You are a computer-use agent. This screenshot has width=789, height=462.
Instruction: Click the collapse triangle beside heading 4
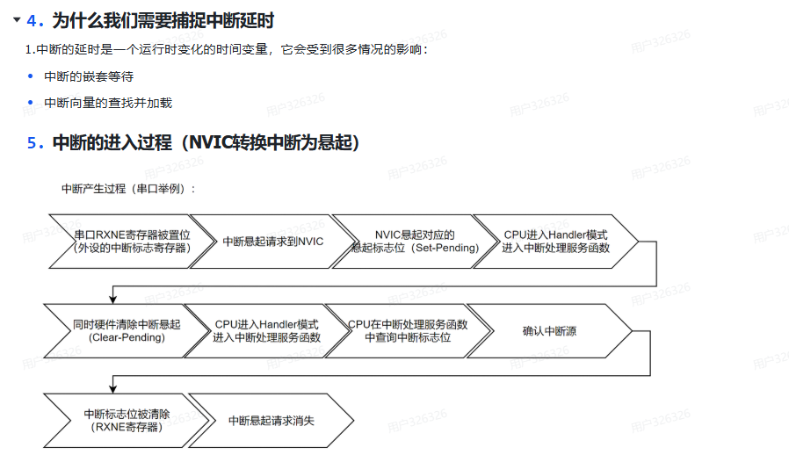[15, 19]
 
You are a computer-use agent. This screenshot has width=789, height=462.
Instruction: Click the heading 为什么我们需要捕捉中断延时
[163, 19]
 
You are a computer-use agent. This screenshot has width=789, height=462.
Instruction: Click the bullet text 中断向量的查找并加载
[108, 103]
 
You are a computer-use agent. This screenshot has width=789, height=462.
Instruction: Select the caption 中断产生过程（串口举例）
[128, 188]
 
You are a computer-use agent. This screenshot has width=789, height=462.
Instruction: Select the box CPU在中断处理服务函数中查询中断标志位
[408, 330]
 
